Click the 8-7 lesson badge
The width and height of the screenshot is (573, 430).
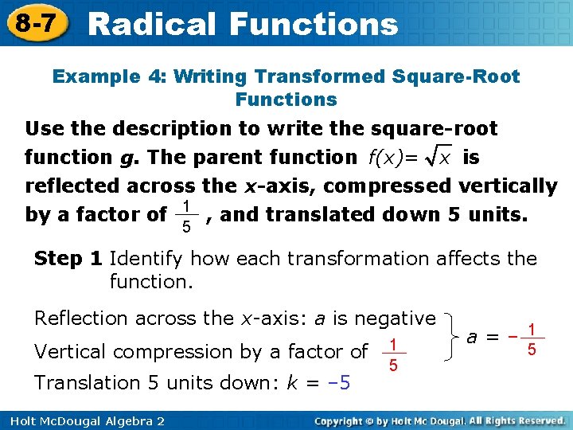pyautogui.click(x=34, y=23)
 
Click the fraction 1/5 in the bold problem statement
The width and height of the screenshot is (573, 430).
pyautogui.click(x=185, y=216)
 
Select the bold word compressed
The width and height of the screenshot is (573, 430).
pyautogui.click(x=388, y=186)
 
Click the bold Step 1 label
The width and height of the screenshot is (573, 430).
pyautogui.click(x=68, y=259)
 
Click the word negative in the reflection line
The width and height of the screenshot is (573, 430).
pyautogui.click(x=395, y=318)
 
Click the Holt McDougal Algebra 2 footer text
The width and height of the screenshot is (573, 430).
pyautogui.click(x=83, y=420)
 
